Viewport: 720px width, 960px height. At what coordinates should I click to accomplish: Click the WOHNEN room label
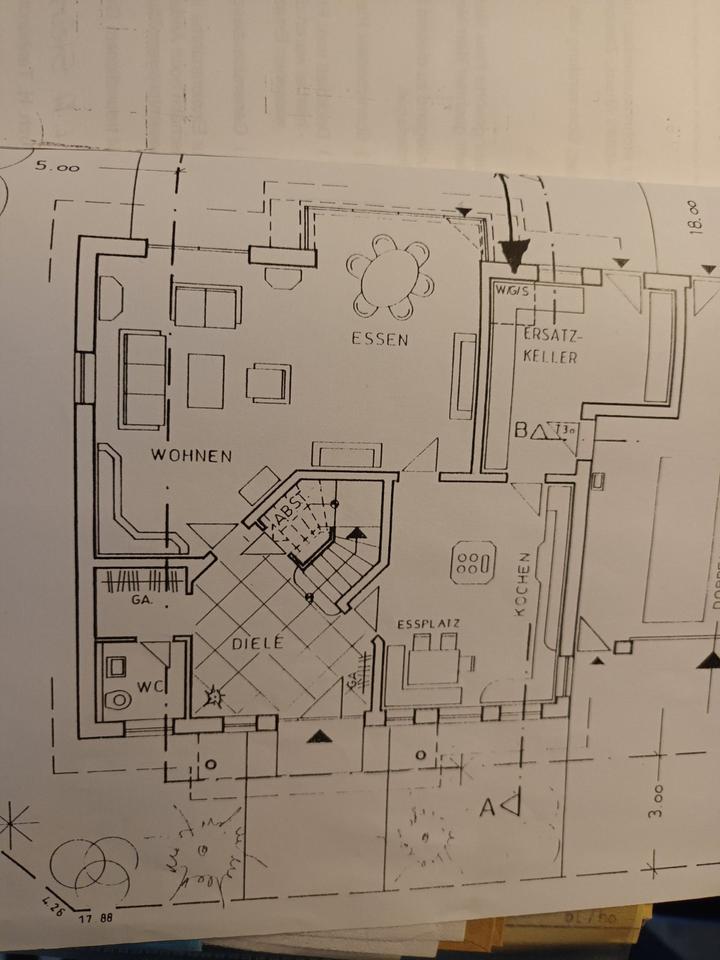pos(191,456)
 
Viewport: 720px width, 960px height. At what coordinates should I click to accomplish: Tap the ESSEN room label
pos(379,339)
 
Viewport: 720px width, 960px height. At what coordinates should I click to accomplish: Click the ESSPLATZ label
pos(427,624)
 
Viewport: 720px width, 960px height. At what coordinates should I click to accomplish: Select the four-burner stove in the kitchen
pos(472,563)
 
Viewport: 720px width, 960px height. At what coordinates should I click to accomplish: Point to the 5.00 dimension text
pos(56,167)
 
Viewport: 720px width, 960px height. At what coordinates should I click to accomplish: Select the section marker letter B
pos(521,431)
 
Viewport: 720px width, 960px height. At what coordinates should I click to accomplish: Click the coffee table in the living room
pos(205,380)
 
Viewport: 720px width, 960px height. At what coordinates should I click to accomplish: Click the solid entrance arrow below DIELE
pos(318,738)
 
